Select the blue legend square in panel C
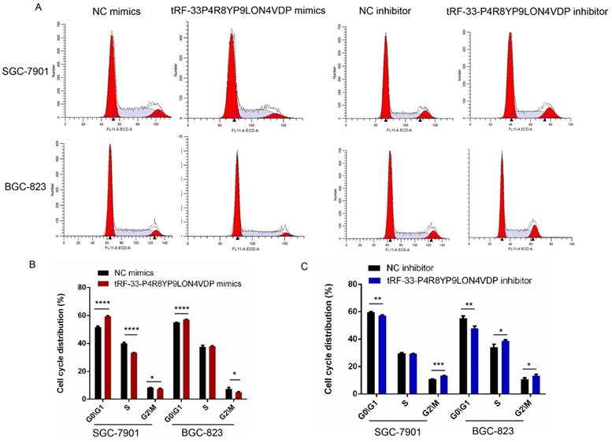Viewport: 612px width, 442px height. (x=377, y=279)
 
